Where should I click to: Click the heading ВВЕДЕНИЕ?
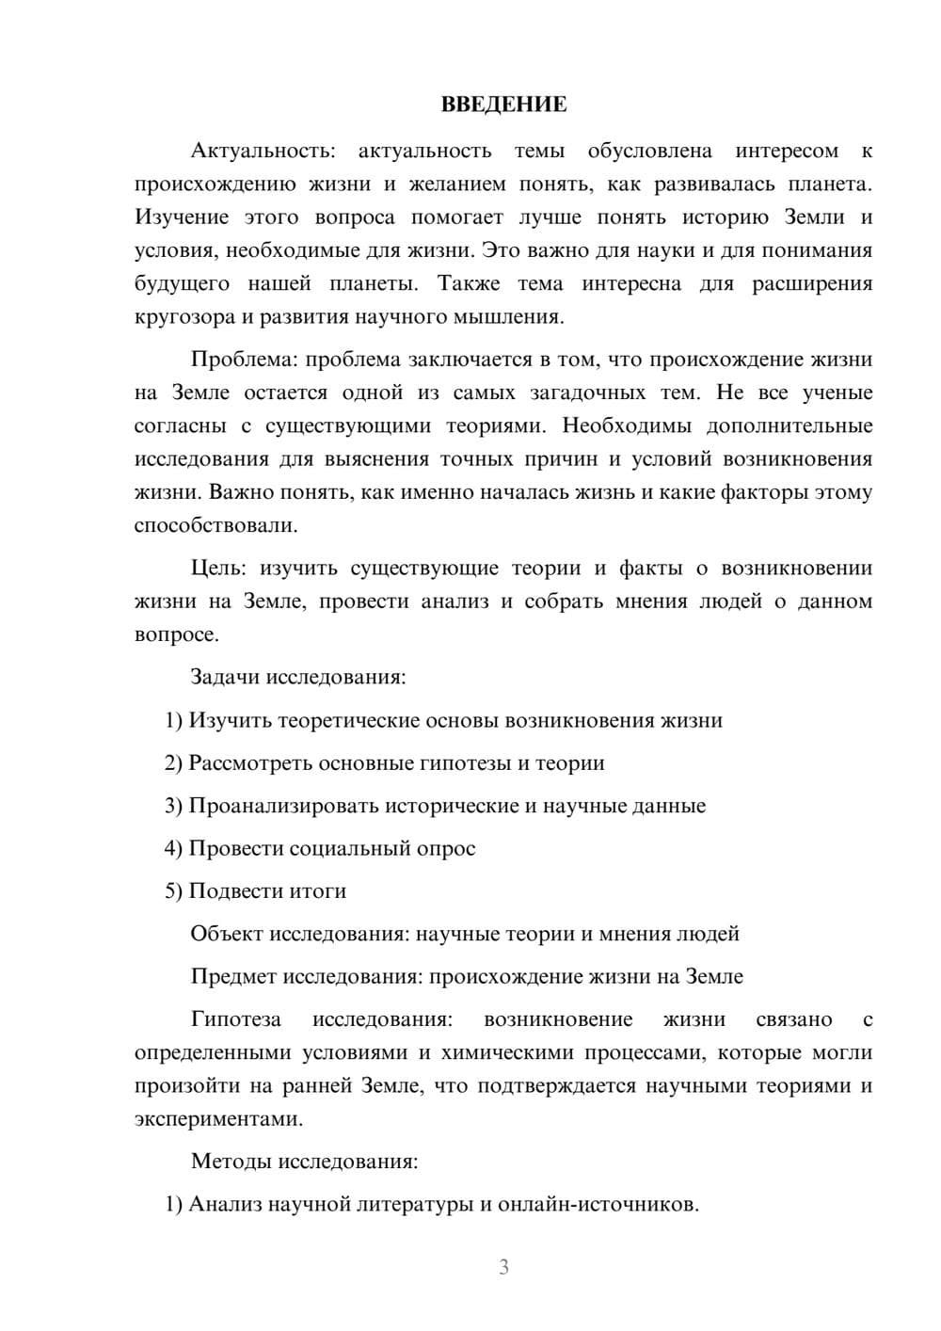tap(503, 104)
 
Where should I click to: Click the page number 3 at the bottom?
tap(503, 1267)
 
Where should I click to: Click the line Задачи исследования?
tap(298, 677)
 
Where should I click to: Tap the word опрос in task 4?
tap(446, 848)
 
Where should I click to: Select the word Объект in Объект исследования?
tap(227, 934)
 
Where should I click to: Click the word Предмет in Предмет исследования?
tap(232, 976)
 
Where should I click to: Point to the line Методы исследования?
tap(304, 1161)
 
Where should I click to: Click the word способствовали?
tap(215, 525)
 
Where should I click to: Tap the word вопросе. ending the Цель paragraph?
tap(177, 634)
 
